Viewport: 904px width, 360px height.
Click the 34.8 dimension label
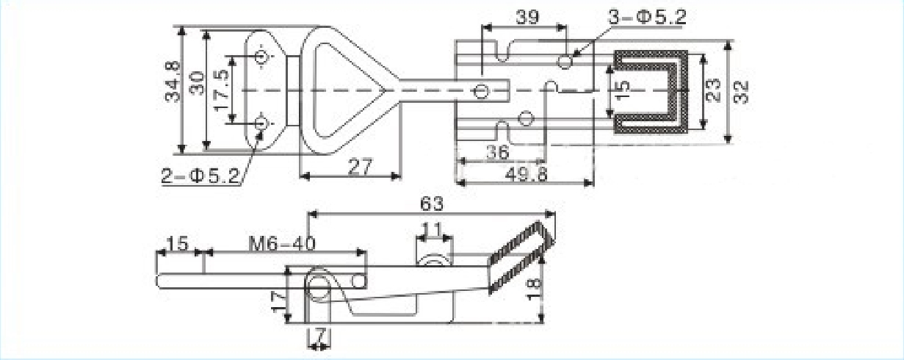173,82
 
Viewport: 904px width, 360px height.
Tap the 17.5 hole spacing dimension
222,90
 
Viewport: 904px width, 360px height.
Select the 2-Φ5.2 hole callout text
200,176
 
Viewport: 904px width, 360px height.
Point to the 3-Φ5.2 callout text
647,17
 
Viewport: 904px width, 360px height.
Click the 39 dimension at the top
527,18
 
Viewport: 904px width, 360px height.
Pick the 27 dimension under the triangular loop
360,167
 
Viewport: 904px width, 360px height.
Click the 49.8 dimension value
527,175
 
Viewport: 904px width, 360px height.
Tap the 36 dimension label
498,153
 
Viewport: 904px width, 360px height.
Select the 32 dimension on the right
740,93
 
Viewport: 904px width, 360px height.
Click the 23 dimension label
714,90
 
